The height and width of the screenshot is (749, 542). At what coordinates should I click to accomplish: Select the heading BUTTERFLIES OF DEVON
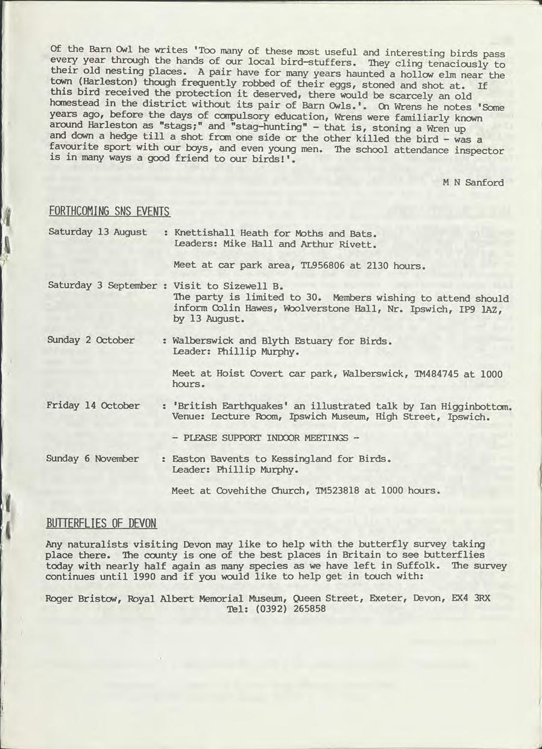coord(101,523)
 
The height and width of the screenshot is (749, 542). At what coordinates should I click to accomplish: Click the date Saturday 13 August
coord(97,232)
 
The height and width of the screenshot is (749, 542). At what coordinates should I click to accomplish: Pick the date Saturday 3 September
coord(102,285)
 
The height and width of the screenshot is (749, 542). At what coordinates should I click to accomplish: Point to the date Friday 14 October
coord(93,405)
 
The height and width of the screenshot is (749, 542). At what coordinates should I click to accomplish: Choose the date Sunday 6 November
coord(92,459)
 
